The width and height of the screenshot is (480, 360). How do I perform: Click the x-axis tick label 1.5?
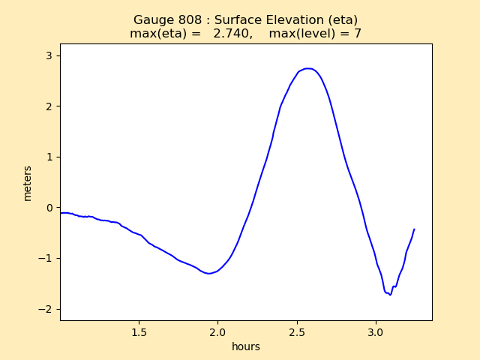pyautogui.click(x=139, y=331)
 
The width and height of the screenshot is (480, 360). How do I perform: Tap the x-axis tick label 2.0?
pyautogui.click(x=218, y=331)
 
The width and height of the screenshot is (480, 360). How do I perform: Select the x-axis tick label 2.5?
pyautogui.click(x=297, y=331)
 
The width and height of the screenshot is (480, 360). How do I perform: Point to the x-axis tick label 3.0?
pyautogui.click(x=376, y=331)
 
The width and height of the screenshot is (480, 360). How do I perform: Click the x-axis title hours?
pyautogui.click(x=246, y=346)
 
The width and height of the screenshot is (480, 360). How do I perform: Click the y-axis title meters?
pyautogui.click(x=28, y=183)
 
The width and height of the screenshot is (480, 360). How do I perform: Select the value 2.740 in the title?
pyautogui.click(x=229, y=34)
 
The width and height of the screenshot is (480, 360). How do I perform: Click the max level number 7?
pyautogui.click(x=358, y=34)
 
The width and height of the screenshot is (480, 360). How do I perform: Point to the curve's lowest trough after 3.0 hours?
pyautogui.click(x=390, y=295)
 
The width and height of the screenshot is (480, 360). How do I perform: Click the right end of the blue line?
pyautogui.click(x=414, y=229)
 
